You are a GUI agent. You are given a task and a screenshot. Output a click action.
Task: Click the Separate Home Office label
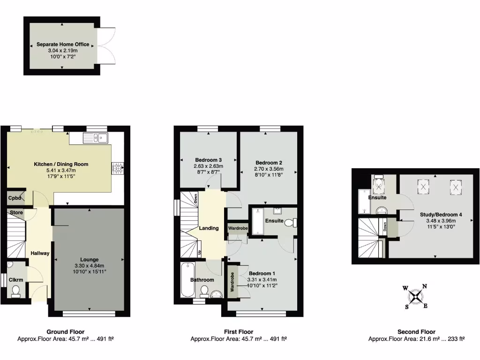click(x=63, y=45)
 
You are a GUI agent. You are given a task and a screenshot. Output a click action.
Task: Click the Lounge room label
click(x=89, y=259)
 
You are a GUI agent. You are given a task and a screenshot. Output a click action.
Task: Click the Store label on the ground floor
click(x=16, y=213)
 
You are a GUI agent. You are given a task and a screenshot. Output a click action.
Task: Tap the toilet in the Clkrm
click(x=16, y=292)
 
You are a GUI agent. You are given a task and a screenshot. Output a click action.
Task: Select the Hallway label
click(x=40, y=253)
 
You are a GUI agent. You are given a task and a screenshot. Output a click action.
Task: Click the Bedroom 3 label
click(x=208, y=160)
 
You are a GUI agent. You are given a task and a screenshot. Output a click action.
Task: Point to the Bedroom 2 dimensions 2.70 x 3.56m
click(x=269, y=169)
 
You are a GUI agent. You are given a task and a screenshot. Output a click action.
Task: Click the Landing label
click(x=209, y=228)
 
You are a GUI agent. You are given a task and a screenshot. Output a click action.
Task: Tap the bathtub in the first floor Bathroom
click(x=186, y=280)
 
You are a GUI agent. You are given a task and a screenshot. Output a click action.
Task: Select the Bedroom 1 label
click(x=262, y=273)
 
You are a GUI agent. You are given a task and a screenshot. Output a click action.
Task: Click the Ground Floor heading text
click(x=66, y=332)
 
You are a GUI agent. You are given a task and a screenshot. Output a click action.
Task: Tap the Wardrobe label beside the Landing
click(x=238, y=228)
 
